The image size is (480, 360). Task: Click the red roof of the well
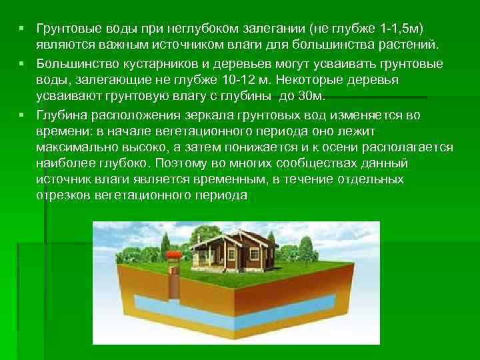[x=173, y=255]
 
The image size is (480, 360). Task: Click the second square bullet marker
[x=21, y=64]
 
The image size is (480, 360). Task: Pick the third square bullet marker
[x=21, y=114]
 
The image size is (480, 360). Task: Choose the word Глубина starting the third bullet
[x=60, y=114]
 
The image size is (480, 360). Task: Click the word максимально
[x=74, y=147]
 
